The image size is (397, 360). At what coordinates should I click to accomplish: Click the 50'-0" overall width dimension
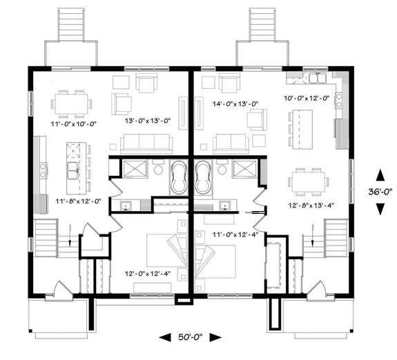click(190, 337)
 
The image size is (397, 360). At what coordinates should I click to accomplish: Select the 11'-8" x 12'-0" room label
click(79, 201)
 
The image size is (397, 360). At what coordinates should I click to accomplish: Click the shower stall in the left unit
click(134, 168)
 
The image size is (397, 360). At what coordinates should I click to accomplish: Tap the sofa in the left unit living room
click(146, 143)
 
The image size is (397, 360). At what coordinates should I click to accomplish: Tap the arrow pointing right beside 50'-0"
click(215, 337)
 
